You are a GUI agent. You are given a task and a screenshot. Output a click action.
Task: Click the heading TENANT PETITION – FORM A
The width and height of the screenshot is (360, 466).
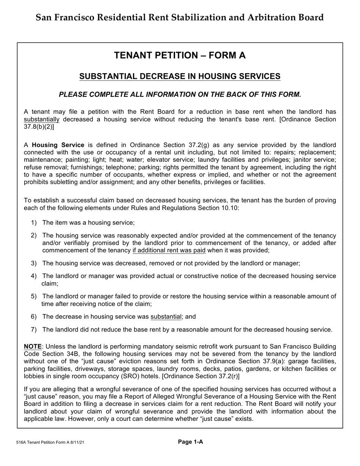click(x=180, y=56)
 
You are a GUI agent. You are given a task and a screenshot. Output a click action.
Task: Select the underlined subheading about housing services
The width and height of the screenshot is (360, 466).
click(x=180, y=77)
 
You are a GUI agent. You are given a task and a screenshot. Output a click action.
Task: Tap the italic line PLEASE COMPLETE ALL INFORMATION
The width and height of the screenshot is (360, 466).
click(x=180, y=95)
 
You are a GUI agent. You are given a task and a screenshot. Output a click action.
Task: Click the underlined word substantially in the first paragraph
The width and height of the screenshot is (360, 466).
click(x=42, y=120)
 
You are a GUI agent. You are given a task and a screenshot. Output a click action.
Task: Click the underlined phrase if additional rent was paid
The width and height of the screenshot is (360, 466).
click(x=169, y=250)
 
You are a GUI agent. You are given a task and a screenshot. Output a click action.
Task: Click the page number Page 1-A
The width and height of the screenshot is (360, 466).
click(x=191, y=441)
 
